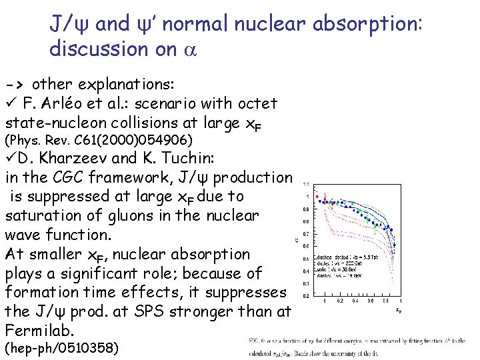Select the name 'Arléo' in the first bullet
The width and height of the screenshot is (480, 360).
pyautogui.click(x=82, y=103)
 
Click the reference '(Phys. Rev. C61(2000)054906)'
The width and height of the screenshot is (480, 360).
pyautogui.click(x=99, y=141)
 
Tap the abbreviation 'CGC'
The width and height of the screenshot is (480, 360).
pyautogui.click(x=76, y=177)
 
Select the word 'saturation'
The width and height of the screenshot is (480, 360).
pyautogui.click(x=43, y=216)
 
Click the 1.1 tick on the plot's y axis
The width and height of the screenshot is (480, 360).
pyautogui.click(x=305, y=184)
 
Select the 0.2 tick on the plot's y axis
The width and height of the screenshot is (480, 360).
pyautogui.click(x=305, y=295)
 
